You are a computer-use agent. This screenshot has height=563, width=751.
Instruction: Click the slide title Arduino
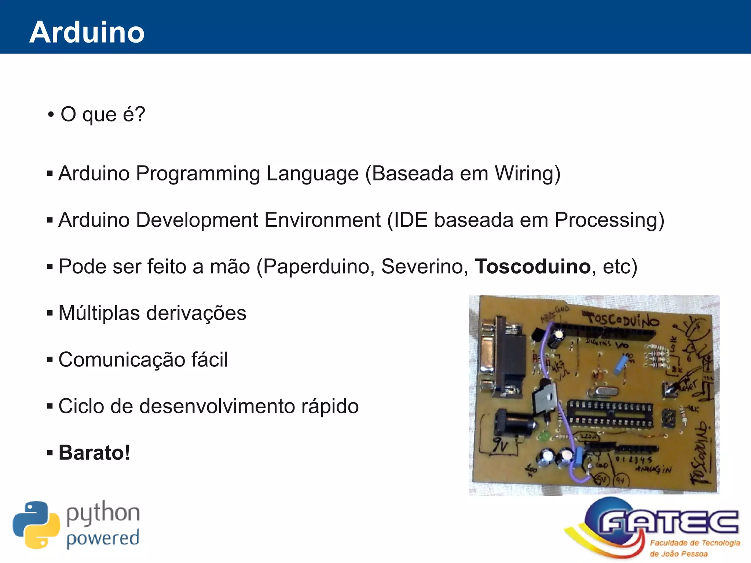pyautogui.click(x=87, y=32)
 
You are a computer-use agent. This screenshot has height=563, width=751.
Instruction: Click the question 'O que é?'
pyautogui.click(x=103, y=114)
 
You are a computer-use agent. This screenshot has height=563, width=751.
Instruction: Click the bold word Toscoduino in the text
pyautogui.click(x=533, y=267)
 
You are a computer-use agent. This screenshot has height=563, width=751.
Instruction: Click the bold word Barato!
pyautogui.click(x=94, y=453)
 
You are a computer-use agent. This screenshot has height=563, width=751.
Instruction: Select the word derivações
pyautogui.click(x=196, y=313)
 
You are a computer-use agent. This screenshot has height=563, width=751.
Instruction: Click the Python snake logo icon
pyautogui.click(x=36, y=525)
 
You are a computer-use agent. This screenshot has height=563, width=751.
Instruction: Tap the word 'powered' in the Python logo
pyautogui.click(x=103, y=538)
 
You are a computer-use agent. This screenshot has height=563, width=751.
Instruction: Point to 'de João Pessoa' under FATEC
pyautogui.click(x=678, y=554)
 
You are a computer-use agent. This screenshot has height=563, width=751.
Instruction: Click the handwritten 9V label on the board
pyautogui.click(x=500, y=445)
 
